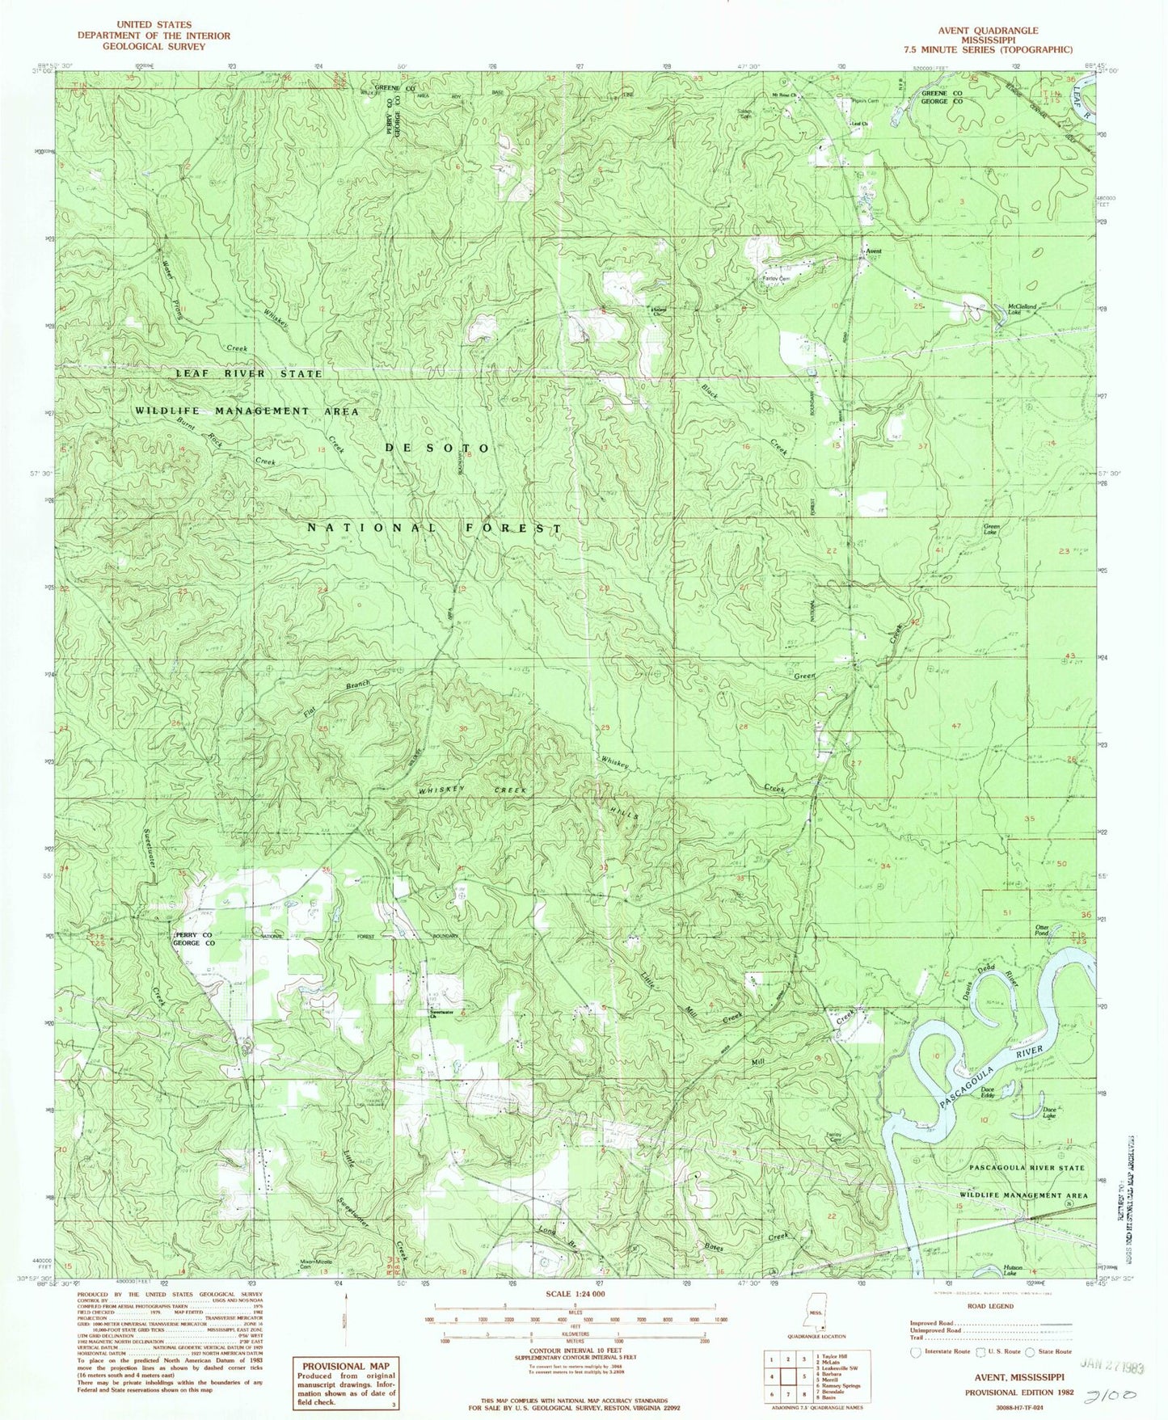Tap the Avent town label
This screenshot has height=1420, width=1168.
[873, 251]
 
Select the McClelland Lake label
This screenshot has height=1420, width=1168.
[1021, 309]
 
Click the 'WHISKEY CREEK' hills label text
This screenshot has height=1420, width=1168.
[472, 790]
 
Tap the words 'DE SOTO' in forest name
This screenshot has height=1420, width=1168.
[436, 448]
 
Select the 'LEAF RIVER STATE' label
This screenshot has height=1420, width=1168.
[249, 373]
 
